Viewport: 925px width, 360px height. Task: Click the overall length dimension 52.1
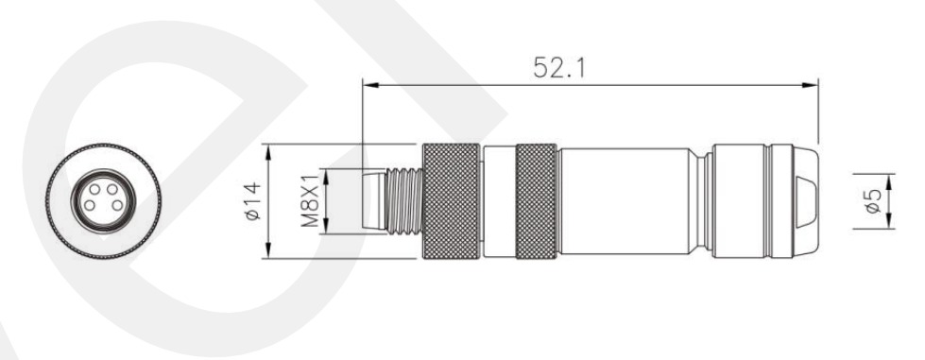tap(559, 67)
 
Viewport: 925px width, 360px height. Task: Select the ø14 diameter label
tap(252, 201)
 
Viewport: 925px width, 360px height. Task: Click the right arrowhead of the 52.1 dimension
tap(811, 85)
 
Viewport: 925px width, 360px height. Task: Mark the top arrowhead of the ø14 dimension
tap(268, 152)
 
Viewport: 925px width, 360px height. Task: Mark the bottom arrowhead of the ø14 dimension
tap(268, 250)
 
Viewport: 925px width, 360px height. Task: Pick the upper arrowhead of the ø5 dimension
tap(890, 181)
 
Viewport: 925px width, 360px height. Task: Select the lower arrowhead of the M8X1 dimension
tap(326, 227)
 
